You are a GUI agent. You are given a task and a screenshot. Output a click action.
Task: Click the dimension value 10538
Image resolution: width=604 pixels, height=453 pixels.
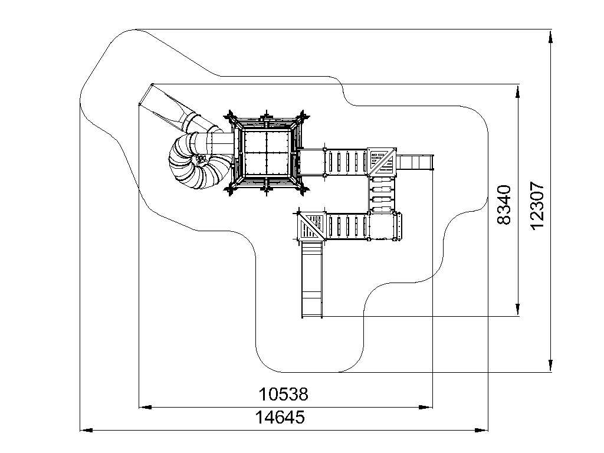click(283, 394)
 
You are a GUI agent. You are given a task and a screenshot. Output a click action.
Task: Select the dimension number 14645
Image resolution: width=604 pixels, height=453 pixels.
click(280, 417)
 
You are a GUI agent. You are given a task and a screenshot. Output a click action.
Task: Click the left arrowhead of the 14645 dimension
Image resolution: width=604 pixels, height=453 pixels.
click(86, 430)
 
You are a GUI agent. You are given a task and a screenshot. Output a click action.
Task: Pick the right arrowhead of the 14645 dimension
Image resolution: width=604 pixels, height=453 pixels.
click(481, 430)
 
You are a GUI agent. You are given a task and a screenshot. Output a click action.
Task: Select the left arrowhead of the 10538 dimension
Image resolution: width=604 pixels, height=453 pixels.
click(145, 407)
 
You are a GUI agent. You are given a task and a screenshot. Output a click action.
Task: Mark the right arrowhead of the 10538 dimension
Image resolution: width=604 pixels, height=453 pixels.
click(426, 407)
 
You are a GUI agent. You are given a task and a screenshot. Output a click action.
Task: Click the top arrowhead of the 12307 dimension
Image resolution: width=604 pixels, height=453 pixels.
click(551, 36)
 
